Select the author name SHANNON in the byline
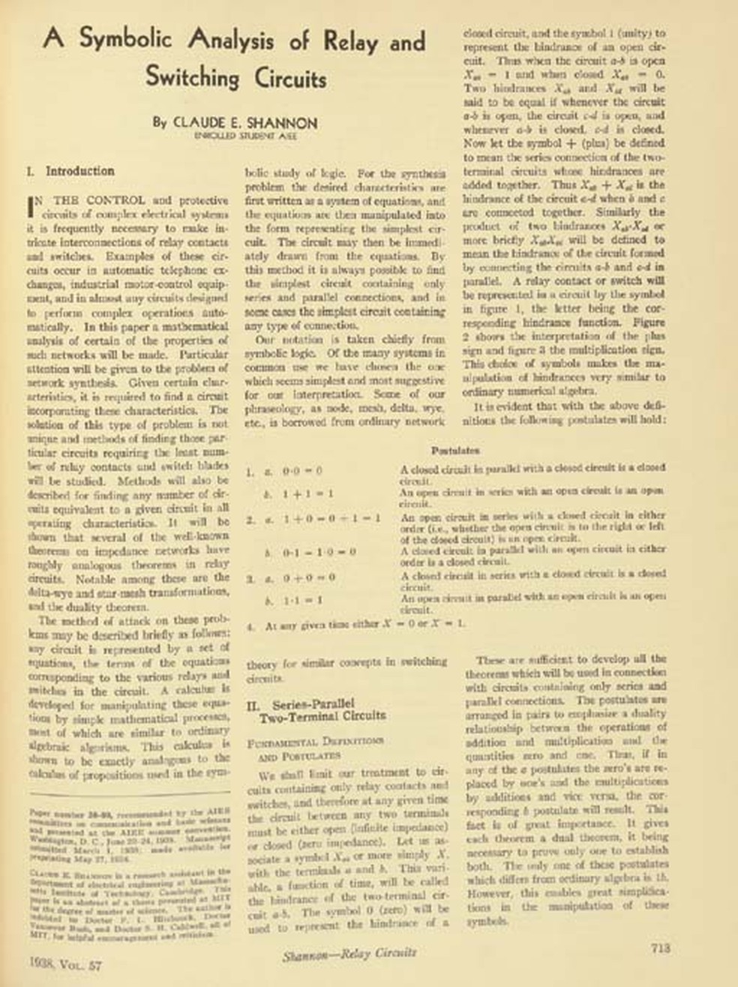pos(281,122)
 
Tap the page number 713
pos(660,949)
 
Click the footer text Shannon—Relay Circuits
pos(350,953)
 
